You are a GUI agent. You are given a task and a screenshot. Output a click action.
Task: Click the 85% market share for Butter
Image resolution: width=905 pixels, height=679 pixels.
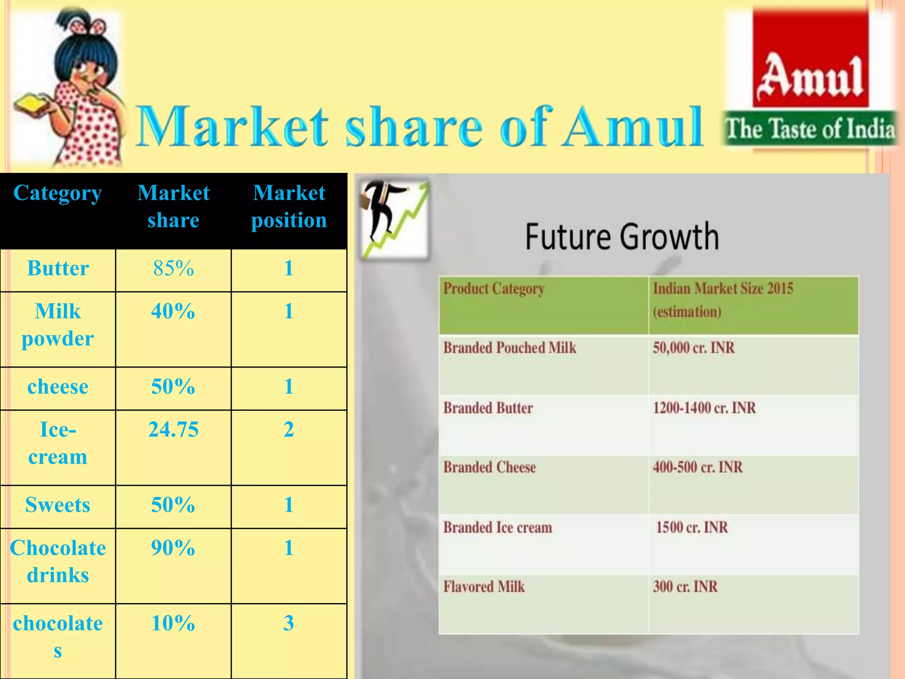pos(173,268)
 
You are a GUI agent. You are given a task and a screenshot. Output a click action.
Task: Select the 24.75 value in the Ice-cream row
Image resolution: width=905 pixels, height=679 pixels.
pos(173,430)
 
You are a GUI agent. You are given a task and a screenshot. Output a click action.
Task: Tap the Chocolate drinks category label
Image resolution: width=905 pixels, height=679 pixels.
pos(58,561)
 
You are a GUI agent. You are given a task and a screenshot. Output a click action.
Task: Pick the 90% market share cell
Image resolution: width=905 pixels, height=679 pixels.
pos(173,548)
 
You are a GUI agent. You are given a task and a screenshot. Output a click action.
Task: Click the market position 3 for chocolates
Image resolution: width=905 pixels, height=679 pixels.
pos(289,623)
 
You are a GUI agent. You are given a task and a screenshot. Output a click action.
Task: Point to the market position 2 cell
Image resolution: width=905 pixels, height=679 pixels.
pos(289,430)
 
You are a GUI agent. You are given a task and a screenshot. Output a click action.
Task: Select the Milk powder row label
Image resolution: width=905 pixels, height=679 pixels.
pos(58,325)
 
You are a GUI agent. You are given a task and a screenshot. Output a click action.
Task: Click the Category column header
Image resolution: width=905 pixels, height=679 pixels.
pos(58,193)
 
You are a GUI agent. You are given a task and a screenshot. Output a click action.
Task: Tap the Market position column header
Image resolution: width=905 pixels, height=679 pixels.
pos(289,206)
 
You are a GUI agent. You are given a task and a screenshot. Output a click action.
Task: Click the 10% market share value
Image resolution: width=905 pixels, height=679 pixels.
pos(173,623)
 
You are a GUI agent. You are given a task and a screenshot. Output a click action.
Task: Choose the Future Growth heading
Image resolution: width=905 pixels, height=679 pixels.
pos(622,237)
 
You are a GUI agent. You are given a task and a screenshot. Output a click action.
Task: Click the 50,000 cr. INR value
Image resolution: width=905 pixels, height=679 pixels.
pos(694,348)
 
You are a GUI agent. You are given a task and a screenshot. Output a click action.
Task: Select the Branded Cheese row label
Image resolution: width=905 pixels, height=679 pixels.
pos(490,468)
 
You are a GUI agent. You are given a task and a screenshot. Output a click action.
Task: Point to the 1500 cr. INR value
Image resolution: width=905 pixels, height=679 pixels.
pos(692,527)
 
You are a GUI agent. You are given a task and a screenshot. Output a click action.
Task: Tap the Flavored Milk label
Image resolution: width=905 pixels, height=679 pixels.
pos(484,587)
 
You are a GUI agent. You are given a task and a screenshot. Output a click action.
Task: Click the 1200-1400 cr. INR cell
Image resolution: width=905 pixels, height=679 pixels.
pos(704,408)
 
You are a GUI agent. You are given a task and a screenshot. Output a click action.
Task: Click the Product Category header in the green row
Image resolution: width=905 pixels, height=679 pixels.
pos(494,289)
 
